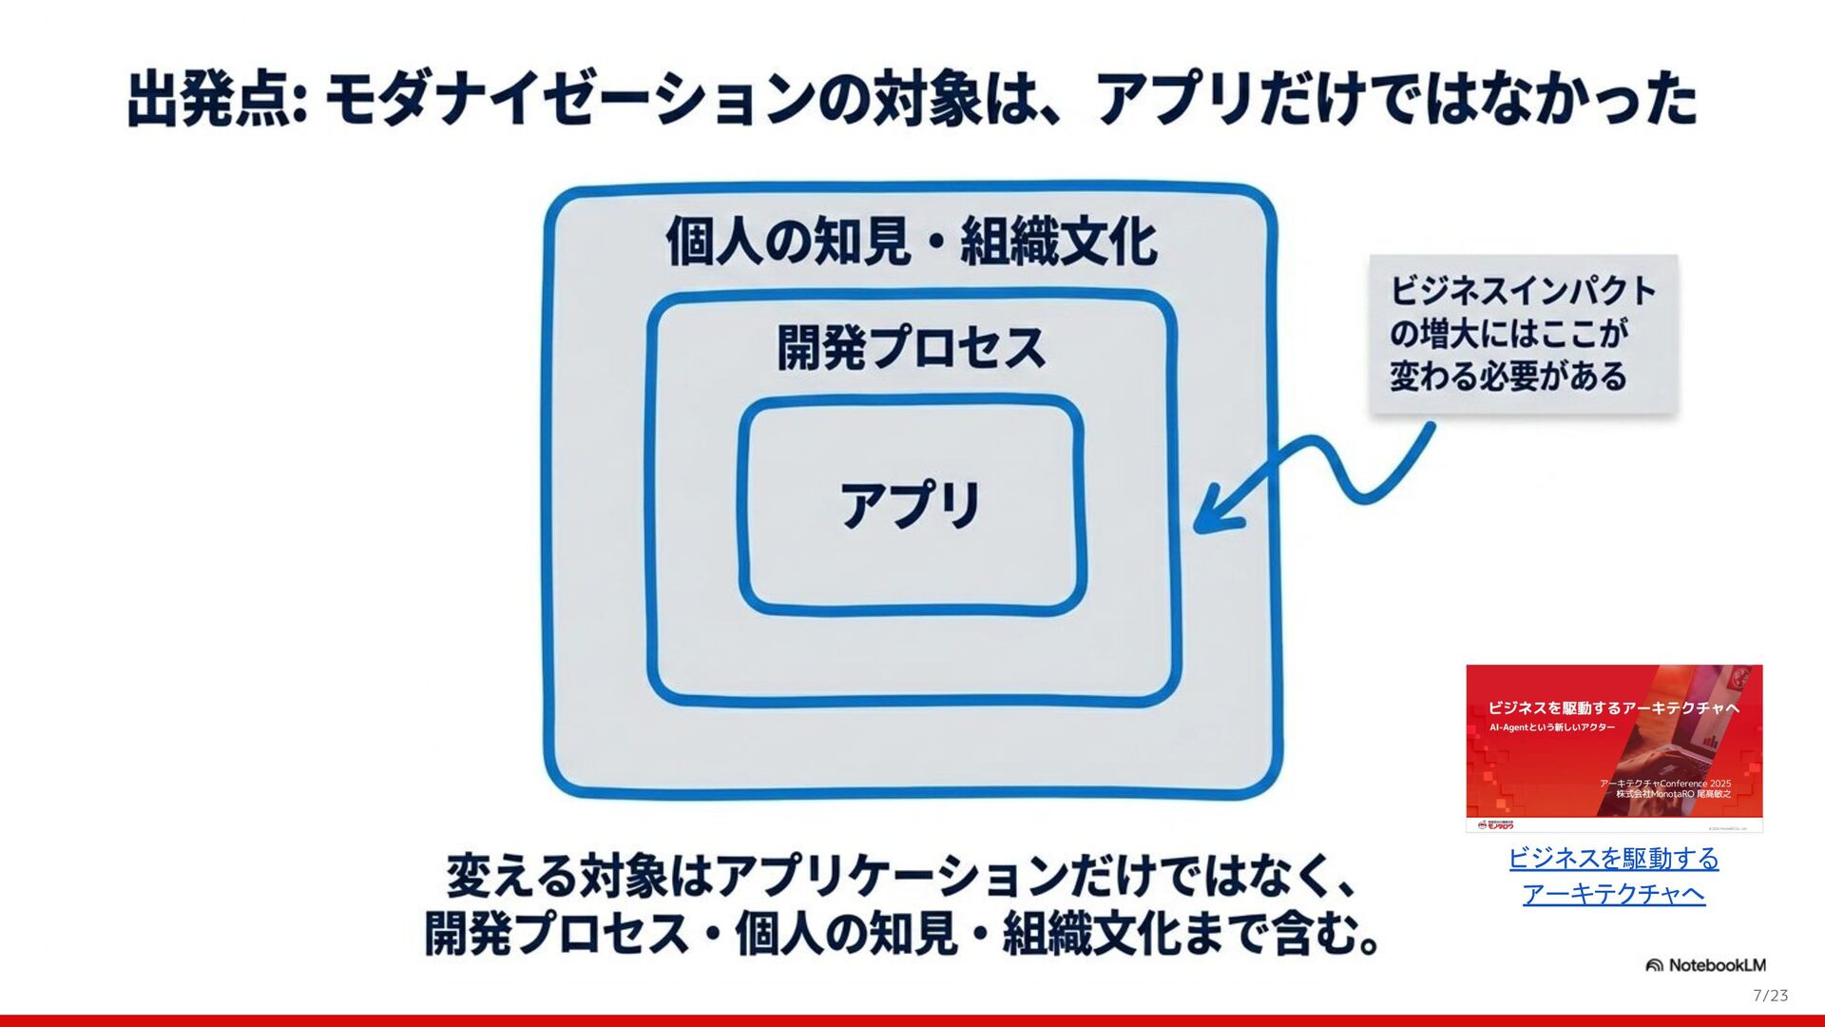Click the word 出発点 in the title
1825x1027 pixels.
209,100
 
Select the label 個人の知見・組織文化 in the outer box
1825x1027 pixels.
911,242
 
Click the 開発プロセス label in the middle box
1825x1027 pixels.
911,348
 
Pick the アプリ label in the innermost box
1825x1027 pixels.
911,504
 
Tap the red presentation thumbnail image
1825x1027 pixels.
1614,747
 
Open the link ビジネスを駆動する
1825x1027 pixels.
1613,858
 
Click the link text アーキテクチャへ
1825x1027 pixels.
1613,894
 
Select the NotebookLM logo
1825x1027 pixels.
1705,965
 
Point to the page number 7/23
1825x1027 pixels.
1770,996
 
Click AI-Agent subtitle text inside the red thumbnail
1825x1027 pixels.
1551,727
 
